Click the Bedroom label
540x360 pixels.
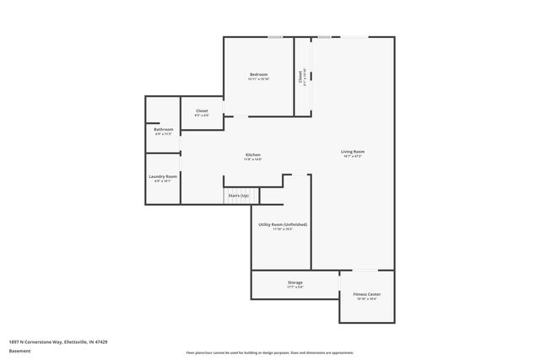coord(258,75)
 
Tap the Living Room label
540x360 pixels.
coord(353,152)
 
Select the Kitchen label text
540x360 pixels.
coord(253,155)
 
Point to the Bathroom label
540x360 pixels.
coord(164,129)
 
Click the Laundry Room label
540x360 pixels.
coord(163,176)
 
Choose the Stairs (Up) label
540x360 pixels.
coord(239,196)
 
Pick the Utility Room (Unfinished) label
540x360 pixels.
coord(283,224)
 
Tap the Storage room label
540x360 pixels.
coord(294,282)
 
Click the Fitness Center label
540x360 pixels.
coord(366,294)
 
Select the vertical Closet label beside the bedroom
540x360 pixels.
coord(300,76)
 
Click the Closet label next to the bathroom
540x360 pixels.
coord(202,110)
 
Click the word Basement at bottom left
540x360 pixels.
coord(20,352)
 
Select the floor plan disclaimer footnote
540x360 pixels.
coord(270,352)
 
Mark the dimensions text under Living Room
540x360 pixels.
coord(353,157)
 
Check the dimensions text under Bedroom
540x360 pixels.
coord(258,80)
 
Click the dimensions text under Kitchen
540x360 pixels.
coord(253,160)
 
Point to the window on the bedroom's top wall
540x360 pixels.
coord(275,37)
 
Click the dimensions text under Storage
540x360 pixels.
coord(294,287)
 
